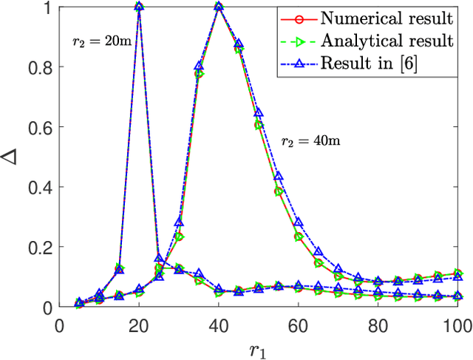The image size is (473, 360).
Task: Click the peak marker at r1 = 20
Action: [139, 7]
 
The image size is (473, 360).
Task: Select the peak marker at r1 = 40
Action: [219, 7]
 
